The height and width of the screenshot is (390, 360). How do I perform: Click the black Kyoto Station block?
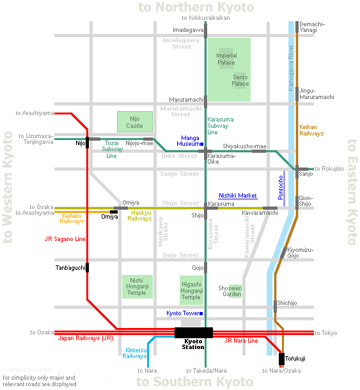point(194,332)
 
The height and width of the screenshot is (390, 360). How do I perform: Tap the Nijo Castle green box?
point(135,121)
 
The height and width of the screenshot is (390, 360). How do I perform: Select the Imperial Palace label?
point(226,59)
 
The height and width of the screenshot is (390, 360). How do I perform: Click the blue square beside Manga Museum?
point(202,144)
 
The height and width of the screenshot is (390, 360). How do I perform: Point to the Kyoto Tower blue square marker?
point(201,313)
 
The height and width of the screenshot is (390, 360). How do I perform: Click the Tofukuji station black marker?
point(281,359)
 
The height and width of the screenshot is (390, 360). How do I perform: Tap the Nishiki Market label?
point(238,196)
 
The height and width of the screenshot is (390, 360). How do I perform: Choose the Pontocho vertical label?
point(281,187)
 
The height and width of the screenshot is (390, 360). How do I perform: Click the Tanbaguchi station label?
point(70,268)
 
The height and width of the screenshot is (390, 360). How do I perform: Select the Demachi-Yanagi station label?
point(312,27)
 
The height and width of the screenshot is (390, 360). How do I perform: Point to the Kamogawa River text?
point(291,68)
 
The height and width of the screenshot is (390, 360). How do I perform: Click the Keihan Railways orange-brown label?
point(311,130)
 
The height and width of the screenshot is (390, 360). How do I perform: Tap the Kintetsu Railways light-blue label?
point(134,353)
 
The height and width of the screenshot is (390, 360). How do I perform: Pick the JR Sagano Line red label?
point(65,239)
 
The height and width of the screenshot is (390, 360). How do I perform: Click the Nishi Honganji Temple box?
point(137,286)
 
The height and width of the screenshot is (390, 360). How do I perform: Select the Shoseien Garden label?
point(230,291)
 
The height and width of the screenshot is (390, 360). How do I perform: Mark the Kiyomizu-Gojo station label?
point(300,253)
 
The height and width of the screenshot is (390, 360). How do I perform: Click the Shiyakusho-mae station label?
point(244,146)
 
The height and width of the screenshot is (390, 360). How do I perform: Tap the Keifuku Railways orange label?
point(72,219)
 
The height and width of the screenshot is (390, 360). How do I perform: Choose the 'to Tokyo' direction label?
point(326,333)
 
